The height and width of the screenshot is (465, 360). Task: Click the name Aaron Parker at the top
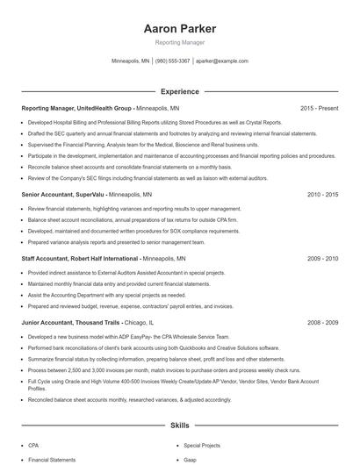tap(179, 29)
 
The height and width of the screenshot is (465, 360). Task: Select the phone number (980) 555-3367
tap(172, 61)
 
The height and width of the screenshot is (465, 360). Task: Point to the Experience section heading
tap(179, 91)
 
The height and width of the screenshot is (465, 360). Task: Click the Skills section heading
tap(179, 426)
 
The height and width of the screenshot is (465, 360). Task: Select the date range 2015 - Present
tap(319, 108)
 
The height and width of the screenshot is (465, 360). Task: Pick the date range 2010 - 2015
tap(322, 194)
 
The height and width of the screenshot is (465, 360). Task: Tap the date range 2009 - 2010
tap(322, 259)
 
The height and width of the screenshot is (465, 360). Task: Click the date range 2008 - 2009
tap(322, 323)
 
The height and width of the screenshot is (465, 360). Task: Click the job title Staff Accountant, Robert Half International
tap(79, 259)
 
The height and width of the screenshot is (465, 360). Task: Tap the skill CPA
tap(33, 445)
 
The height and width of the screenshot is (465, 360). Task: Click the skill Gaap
tap(191, 459)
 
